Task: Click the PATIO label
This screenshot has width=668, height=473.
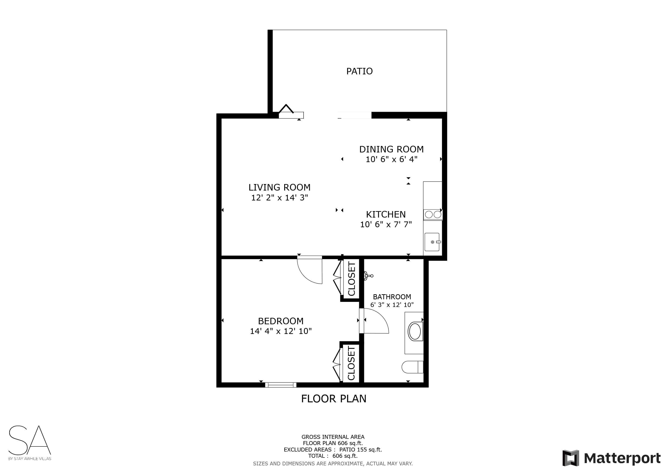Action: click(x=359, y=71)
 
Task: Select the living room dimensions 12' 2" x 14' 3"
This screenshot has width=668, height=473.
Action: click(x=280, y=197)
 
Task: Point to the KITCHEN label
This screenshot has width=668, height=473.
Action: click(x=386, y=214)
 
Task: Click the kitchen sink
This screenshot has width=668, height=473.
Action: click(x=432, y=242)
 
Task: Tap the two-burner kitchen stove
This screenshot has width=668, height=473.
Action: click(x=433, y=215)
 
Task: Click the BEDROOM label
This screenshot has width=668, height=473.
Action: click(x=281, y=321)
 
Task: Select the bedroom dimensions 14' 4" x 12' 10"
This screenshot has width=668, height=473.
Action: click(x=281, y=331)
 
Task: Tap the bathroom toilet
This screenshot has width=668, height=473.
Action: click(x=412, y=367)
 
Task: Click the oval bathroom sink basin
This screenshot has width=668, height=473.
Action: click(x=415, y=331)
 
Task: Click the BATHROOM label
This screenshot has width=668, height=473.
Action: click(x=392, y=297)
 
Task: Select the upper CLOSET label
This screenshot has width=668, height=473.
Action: click(x=352, y=279)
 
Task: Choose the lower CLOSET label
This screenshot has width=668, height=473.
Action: click(x=352, y=364)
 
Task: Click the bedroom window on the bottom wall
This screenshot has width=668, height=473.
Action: click(x=281, y=385)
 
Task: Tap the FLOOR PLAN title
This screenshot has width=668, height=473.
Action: click(x=334, y=399)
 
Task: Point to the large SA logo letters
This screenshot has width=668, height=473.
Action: click(x=30, y=440)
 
